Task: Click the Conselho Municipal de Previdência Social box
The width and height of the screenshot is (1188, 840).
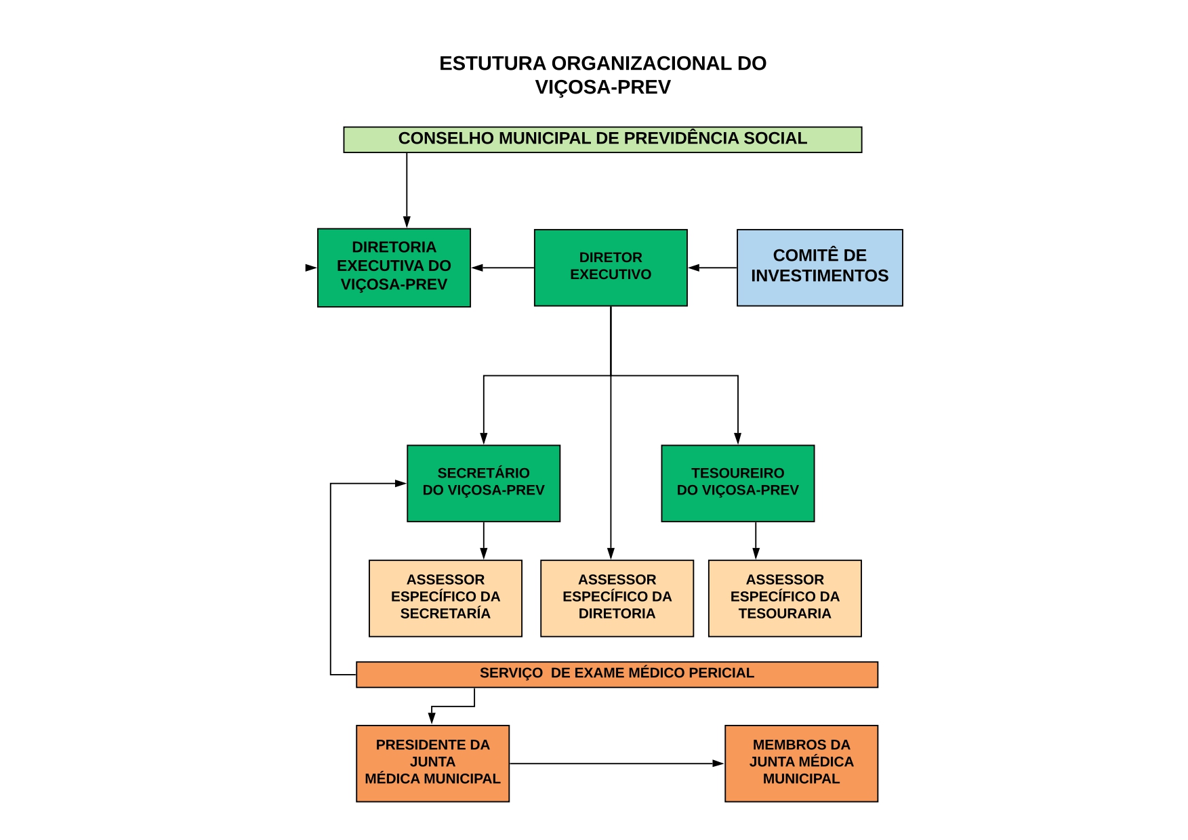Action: (602, 140)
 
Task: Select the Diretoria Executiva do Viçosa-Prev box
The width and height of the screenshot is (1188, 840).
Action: (394, 268)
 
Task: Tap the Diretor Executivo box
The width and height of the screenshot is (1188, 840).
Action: (611, 268)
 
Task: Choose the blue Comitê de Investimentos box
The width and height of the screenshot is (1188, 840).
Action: (820, 268)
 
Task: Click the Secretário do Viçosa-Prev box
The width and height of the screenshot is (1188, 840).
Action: (484, 483)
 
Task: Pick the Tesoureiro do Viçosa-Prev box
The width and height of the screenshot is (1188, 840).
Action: (738, 483)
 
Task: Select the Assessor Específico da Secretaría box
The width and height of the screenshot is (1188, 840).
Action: (445, 598)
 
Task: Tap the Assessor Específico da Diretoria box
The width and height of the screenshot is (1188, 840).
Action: (617, 598)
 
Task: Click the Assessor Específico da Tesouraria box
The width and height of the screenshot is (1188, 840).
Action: (785, 598)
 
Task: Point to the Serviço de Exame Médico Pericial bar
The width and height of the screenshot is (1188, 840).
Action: (617, 675)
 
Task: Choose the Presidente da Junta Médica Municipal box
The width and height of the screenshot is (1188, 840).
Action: (432, 763)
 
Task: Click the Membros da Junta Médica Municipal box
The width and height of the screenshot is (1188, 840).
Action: (801, 763)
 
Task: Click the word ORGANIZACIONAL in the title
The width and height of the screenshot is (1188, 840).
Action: (642, 64)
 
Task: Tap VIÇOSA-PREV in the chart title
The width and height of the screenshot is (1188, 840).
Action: (602, 87)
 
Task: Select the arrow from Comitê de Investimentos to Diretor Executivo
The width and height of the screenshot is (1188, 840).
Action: (712, 268)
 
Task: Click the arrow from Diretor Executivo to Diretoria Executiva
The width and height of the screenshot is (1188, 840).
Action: (503, 268)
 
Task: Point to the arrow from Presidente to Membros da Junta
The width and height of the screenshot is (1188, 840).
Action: (617, 763)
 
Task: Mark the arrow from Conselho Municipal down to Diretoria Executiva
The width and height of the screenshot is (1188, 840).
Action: (407, 190)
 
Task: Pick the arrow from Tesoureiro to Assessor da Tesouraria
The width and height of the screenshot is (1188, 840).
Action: (756, 541)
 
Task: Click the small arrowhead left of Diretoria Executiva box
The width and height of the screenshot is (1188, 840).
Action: (311, 268)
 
